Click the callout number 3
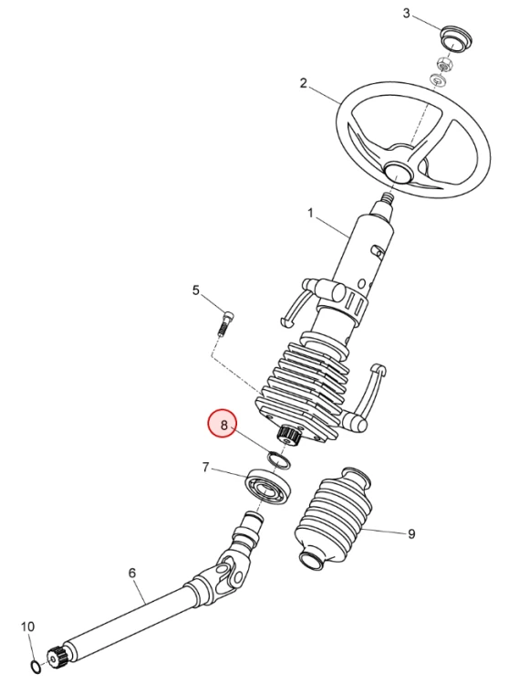pyautogui.click(x=406, y=14)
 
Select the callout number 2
pyautogui.click(x=304, y=83)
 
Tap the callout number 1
pyautogui.click(x=310, y=213)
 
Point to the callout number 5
pyautogui.click(x=196, y=290)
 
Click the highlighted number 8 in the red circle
pyautogui.click(x=223, y=425)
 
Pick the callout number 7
pyautogui.click(x=206, y=468)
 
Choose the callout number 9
pyautogui.click(x=411, y=533)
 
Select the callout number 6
pyautogui.click(x=132, y=573)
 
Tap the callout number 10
pyautogui.click(x=27, y=627)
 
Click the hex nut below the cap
pyautogui.click(x=444, y=65)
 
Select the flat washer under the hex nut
pyautogui.click(x=438, y=79)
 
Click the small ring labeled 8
pyautogui.click(x=279, y=459)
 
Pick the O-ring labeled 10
pyautogui.click(x=36, y=666)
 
